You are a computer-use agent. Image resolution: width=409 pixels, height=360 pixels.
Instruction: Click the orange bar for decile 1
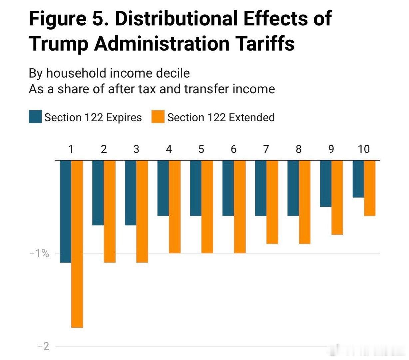click(x=77, y=244)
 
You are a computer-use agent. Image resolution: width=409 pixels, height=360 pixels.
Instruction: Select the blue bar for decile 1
click(x=66, y=211)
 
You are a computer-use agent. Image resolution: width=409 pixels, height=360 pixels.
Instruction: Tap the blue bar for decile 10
click(x=358, y=179)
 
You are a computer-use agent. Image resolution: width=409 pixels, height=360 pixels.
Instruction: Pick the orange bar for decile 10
click(x=370, y=188)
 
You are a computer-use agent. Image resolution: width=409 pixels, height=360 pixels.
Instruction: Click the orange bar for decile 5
click(x=207, y=207)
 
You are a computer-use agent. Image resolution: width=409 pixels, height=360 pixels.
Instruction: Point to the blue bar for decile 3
click(x=131, y=193)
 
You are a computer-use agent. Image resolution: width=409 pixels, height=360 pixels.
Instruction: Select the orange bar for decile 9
click(x=337, y=197)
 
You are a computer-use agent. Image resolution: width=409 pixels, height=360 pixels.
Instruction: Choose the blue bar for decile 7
click(x=261, y=188)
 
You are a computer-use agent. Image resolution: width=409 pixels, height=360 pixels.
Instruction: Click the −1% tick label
click(x=39, y=253)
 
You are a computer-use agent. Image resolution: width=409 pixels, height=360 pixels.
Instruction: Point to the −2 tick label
click(x=43, y=346)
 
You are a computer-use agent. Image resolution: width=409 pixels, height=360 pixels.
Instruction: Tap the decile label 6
click(x=233, y=149)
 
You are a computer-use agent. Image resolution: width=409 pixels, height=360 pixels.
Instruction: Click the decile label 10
click(x=364, y=149)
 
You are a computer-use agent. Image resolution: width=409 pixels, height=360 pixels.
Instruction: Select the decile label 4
click(x=169, y=149)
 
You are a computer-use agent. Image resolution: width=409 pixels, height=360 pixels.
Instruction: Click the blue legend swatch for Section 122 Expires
click(x=35, y=117)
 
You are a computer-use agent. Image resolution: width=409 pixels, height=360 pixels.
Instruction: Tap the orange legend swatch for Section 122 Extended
click(x=158, y=117)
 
